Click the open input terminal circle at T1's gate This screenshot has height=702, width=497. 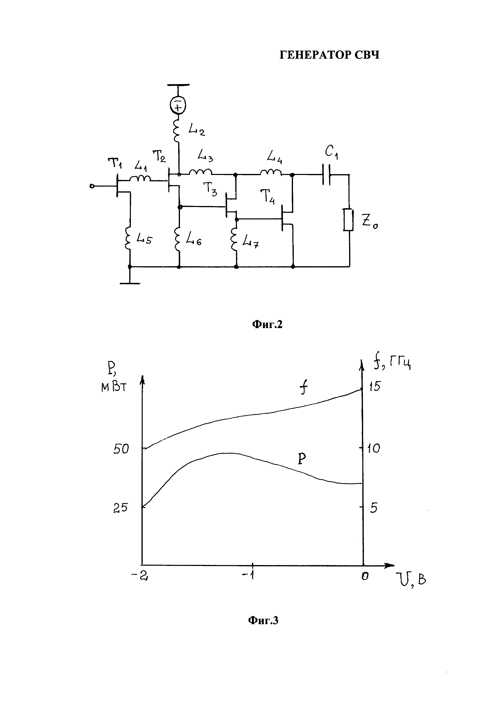point(92,186)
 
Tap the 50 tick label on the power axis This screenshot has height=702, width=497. point(121,449)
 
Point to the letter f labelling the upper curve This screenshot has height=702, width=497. point(303,389)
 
